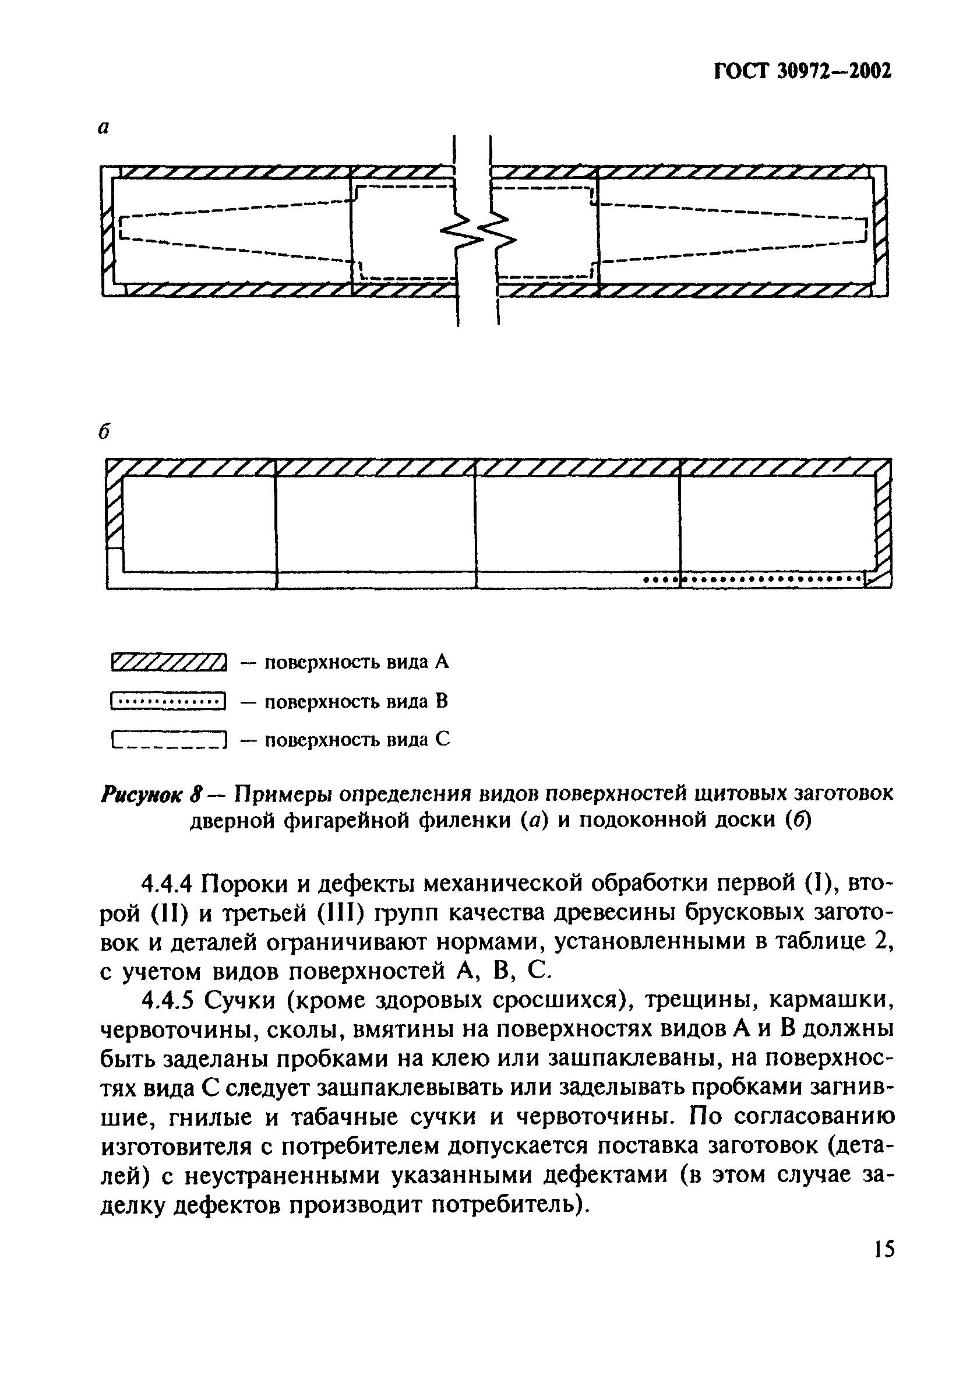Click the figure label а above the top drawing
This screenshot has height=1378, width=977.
click(x=104, y=128)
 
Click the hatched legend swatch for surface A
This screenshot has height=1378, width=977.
click(x=168, y=662)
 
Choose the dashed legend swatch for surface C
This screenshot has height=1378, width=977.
click(x=168, y=739)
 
